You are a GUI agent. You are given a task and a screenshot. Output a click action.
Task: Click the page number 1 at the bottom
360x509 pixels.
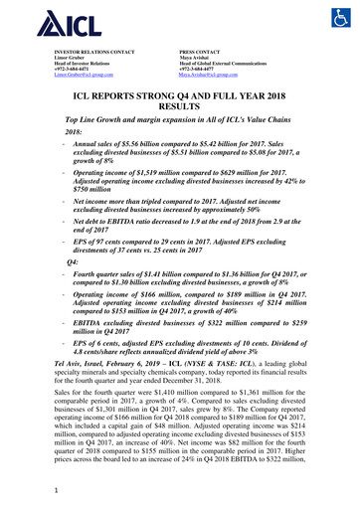[59, 488]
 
